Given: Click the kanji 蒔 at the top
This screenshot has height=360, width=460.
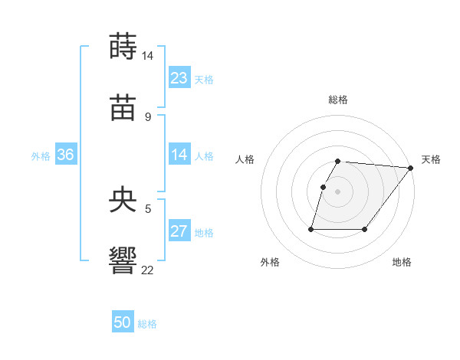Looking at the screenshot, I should tap(123, 46).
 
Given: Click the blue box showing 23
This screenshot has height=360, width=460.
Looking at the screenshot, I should tap(179, 77).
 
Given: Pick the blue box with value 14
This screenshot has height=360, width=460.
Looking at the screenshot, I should tap(179, 155).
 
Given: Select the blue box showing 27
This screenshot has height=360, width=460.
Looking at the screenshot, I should tap(179, 231).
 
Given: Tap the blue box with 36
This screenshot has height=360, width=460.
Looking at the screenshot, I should tap(66, 155).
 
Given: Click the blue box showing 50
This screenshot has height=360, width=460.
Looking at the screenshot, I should tap(123, 322).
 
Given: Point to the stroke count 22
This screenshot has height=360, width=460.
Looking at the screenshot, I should tap(148, 270).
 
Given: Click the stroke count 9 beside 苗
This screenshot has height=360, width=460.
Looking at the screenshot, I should tap(148, 117).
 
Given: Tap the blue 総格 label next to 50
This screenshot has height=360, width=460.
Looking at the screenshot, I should tap(148, 324).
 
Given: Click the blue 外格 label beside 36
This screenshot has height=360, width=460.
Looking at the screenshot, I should tap(41, 155).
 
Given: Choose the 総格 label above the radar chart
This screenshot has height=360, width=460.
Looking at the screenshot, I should tap(338, 100).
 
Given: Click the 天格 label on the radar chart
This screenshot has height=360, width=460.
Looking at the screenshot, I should tap(431, 159).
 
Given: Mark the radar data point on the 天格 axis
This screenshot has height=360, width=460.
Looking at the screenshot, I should tap(411, 168).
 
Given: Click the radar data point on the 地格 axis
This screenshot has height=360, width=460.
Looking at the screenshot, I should tap(365, 229).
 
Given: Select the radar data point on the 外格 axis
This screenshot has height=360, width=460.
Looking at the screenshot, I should tap(311, 229).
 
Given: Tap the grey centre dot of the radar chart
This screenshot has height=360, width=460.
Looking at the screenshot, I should tap(338, 191).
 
